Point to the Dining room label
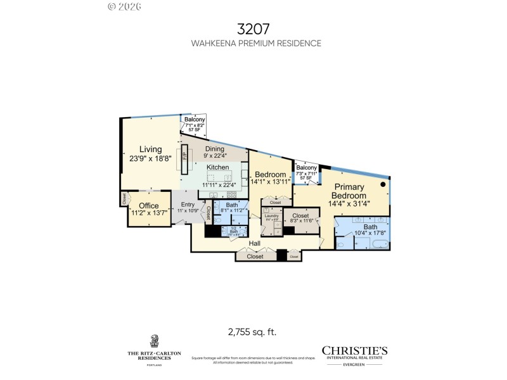(215, 149)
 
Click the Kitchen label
(218, 167)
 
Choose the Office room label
(149, 206)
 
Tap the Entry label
(188, 205)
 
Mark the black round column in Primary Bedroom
(383, 184)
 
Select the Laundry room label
(272, 216)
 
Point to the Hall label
(254, 243)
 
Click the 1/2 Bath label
(234, 229)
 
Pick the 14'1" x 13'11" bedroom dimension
(271, 182)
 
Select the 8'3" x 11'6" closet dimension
(300, 220)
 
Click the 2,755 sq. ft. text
(252, 331)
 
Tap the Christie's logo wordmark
(354, 350)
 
